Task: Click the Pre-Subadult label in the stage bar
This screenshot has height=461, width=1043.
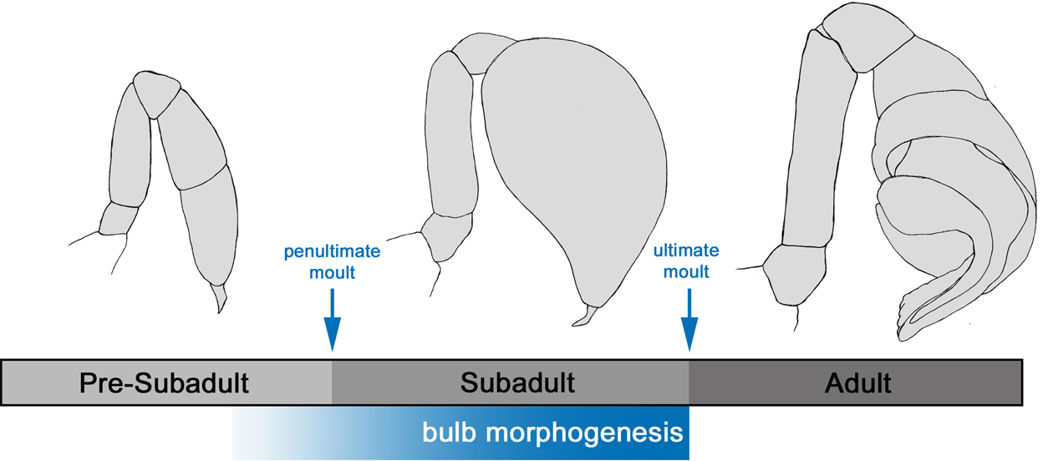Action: (x=165, y=383)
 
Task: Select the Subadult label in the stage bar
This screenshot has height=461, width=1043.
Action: (x=517, y=383)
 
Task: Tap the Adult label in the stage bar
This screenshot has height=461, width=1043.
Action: (x=857, y=383)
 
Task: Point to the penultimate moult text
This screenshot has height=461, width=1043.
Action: (x=333, y=261)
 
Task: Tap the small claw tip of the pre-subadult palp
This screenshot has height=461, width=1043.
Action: (x=220, y=297)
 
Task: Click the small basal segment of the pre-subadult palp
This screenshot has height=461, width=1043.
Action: (x=117, y=219)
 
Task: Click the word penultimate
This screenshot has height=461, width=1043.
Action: (x=333, y=251)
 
